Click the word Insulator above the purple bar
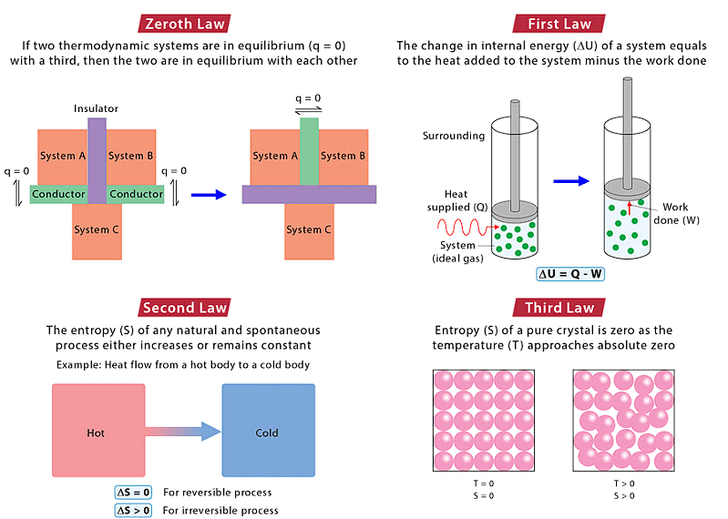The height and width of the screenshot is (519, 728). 97,109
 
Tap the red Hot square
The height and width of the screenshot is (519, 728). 97,432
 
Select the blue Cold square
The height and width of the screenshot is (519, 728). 268,432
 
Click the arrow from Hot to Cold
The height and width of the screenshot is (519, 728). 183,432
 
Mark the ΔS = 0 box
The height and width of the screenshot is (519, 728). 133,492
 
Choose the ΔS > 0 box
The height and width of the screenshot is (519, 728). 133,511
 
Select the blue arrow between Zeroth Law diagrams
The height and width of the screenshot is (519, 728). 209,194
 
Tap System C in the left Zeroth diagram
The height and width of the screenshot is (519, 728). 97,229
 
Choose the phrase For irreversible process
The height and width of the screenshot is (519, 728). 220,511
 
